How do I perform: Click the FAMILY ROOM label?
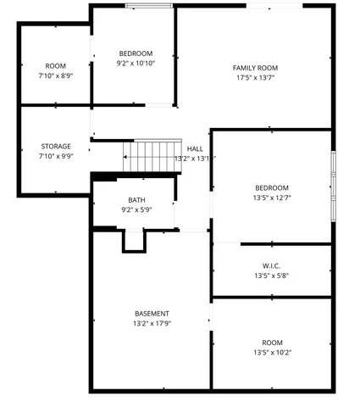pyautogui.click(x=255, y=68)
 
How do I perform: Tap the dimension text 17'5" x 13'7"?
pyautogui.click(x=255, y=77)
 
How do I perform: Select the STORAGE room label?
pyautogui.click(x=55, y=147)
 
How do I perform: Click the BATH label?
pyautogui.click(x=136, y=200)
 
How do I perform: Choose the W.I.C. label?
pyautogui.click(x=271, y=265)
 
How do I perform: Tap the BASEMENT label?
pyautogui.click(x=152, y=314)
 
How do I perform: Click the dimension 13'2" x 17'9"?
pyautogui.click(x=152, y=324)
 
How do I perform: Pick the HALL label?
pyautogui.click(x=195, y=148)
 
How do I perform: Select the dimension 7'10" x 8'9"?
pyautogui.click(x=55, y=76)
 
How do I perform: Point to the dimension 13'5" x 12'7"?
pyautogui.click(x=272, y=198)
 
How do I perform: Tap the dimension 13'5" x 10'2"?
pyautogui.click(x=272, y=353)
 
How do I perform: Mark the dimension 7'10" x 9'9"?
pyautogui.click(x=55, y=156)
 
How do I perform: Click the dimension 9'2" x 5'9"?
pyautogui.click(x=136, y=209)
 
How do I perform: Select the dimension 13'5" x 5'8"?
pyautogui.click(x=271, y=276)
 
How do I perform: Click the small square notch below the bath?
pyautogui.click(x=134, y=241)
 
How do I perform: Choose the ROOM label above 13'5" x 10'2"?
pyautogui.click(x=272, y=343)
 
